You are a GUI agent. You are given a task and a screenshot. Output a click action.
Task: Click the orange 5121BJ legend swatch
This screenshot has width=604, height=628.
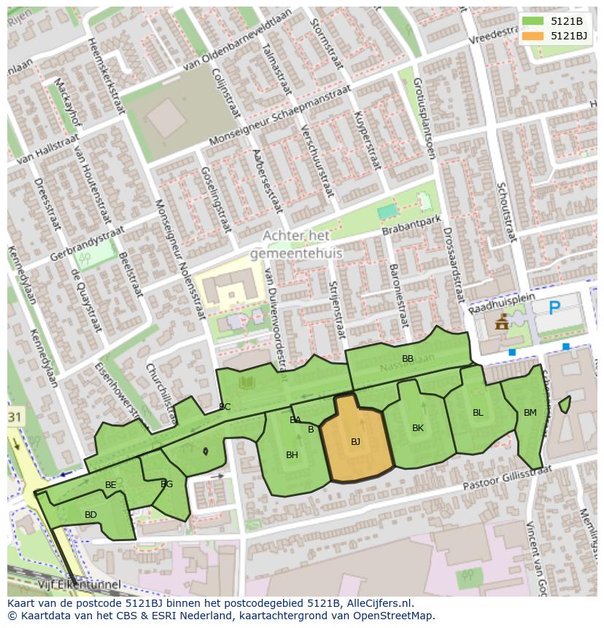pyautogui.click(x=533, y=36)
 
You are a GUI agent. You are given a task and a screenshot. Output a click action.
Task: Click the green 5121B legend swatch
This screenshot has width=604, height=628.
pyautogui.click(x=533, y=21)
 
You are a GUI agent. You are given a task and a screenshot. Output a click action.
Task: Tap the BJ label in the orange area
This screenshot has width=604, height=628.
pyautogui.click(x=355, y=442)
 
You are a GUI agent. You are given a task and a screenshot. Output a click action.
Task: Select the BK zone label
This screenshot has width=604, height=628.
pyautogui.click(x=417, y=428)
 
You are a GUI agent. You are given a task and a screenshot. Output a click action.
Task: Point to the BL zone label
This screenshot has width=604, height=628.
pyautogui.click(x=478, y=413)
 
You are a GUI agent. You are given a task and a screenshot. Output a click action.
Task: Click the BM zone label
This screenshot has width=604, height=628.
pyautogui.click(x=530, y=413)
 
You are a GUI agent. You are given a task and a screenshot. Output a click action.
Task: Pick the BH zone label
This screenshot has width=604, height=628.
pyautogui.click(x=292, y=455)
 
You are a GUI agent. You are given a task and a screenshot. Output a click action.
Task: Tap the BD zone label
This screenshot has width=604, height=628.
pyautogui.click(x=90, y=515)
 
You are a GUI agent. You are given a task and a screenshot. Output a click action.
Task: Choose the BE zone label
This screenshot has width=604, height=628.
pyautogui.click(x=111, y=485)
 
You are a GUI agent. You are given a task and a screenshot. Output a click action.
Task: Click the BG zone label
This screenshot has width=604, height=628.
pyautogui.click(x=166, y=484)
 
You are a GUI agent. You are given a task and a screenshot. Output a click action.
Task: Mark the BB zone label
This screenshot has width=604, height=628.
pyautogui.click(x=408, y=358)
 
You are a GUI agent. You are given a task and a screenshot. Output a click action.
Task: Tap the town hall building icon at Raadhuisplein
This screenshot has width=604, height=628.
pyautogui.click(x=502, y=322)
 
